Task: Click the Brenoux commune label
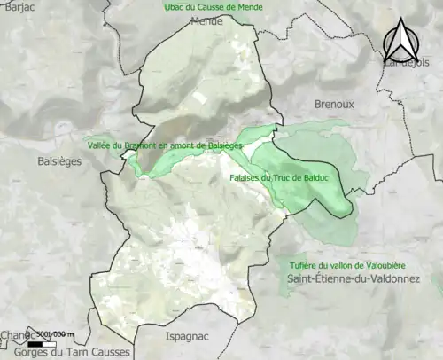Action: [x=334, y=104]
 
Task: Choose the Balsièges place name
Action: [x=59, y=162]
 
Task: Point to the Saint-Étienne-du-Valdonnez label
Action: [x=363, y=280]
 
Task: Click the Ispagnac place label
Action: [x=190, y=336]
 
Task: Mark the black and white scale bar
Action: [x=43, y=342]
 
